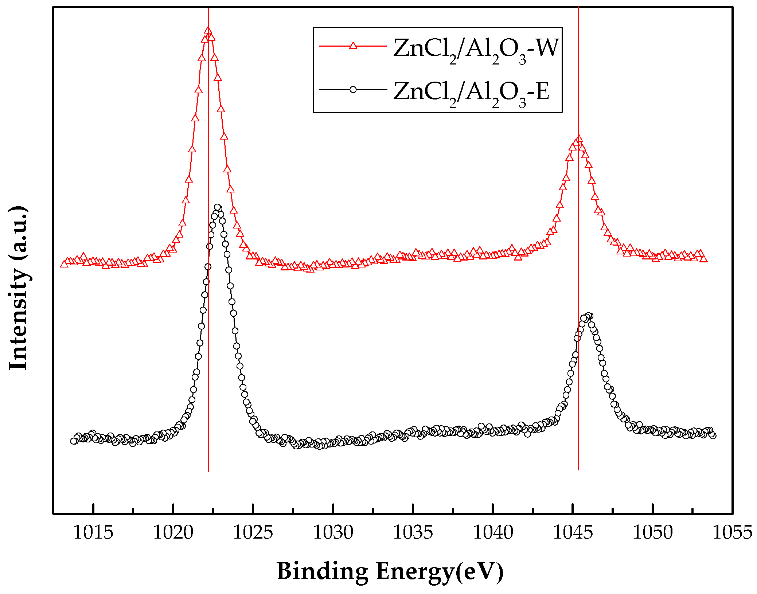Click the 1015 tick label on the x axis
click(93, 533)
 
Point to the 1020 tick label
click(173, 533)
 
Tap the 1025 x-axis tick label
click(253, 533)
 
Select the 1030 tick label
click(333, 533)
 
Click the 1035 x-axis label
click(413, 533)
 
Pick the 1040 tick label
click(493, 533)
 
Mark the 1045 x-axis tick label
click(573, 533)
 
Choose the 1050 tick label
click(653, 533)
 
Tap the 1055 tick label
click(732, 533)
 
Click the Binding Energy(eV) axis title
click(390, 571)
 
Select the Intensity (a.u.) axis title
click(18, 288)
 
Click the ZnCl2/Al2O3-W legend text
click(476, 49)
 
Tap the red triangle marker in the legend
click(353, 46)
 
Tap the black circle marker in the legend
click(353, 89)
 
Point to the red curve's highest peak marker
click(208, 31)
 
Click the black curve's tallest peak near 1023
click(218, 207)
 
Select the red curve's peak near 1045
click(578, 139)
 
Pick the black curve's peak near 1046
click(588, 316)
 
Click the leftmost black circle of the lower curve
click(74, 441)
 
